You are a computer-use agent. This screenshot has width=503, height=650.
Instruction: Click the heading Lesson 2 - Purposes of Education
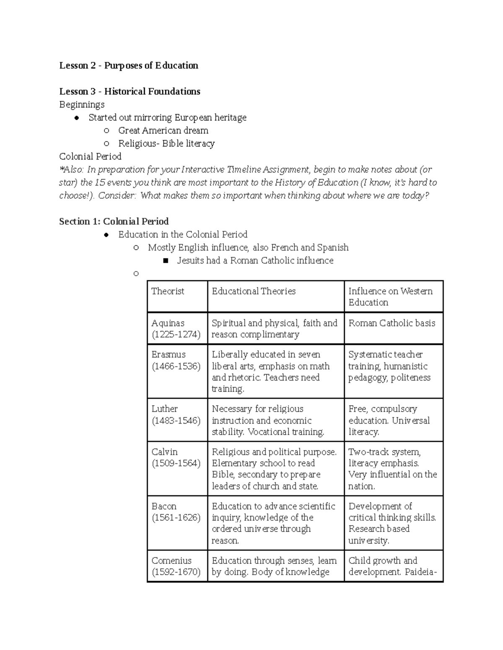point(128,65)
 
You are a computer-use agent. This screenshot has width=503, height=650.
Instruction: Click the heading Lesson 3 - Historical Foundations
point(130,91)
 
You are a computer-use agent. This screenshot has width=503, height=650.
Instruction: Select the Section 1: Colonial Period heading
point(114,221)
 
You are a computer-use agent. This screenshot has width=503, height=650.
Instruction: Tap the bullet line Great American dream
point(163,130)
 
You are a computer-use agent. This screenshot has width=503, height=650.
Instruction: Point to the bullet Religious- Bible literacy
point(166,144)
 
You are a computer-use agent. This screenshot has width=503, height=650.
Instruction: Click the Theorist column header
point(168,291)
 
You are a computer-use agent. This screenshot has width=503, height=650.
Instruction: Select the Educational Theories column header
point(254,291)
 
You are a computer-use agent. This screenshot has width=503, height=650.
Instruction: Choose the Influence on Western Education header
point(390,296)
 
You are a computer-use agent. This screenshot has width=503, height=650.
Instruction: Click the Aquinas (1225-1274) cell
point(176,329)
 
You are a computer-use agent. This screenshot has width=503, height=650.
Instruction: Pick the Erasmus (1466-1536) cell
point(176,360)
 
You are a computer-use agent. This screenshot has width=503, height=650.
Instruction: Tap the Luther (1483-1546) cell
point(176,414)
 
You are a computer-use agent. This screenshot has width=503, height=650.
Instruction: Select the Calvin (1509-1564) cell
point(176,457)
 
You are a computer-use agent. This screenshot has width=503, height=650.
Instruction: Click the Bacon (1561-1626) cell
point(176,512)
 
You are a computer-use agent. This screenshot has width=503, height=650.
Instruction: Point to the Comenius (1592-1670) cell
point(176,566)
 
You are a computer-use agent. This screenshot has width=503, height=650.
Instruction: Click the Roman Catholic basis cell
point(392,323)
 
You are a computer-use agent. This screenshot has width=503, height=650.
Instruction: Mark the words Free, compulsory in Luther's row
point(382,409)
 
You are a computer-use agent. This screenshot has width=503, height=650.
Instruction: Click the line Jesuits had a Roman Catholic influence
point(255,260)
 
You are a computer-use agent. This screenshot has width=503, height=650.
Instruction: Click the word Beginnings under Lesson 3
point(82,104)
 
